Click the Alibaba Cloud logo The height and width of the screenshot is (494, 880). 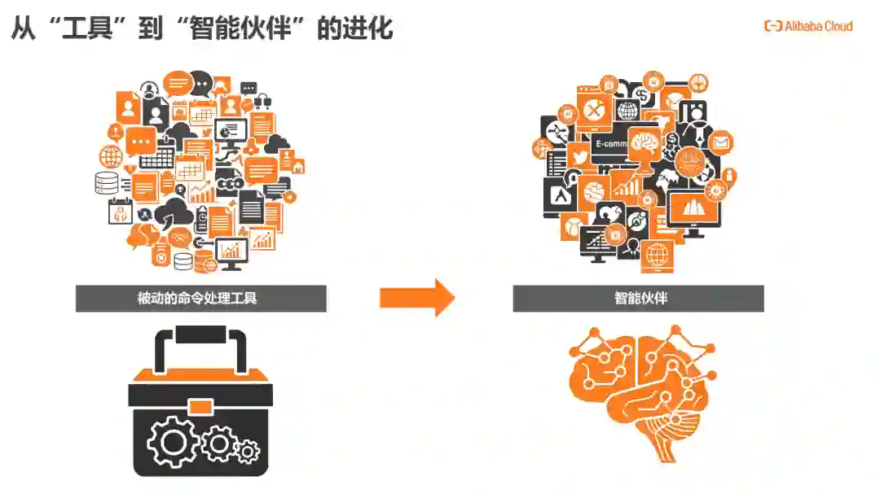[x=808, y=26]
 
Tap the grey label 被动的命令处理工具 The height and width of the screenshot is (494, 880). [x=200, y=298]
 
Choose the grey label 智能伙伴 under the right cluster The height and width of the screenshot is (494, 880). [x=638, y=298]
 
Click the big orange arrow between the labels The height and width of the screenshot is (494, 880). [x=416, y=298]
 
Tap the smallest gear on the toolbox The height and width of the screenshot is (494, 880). [x=247, y=449]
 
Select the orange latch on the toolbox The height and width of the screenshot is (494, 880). [x=200, y=405]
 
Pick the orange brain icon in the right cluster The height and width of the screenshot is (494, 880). [x=644, y=143]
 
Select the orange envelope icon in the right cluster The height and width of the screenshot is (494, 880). [x=720, y=143]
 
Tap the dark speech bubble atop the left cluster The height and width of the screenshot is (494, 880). [x=200, y=82]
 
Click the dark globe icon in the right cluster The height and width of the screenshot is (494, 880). [x=627, y=110]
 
